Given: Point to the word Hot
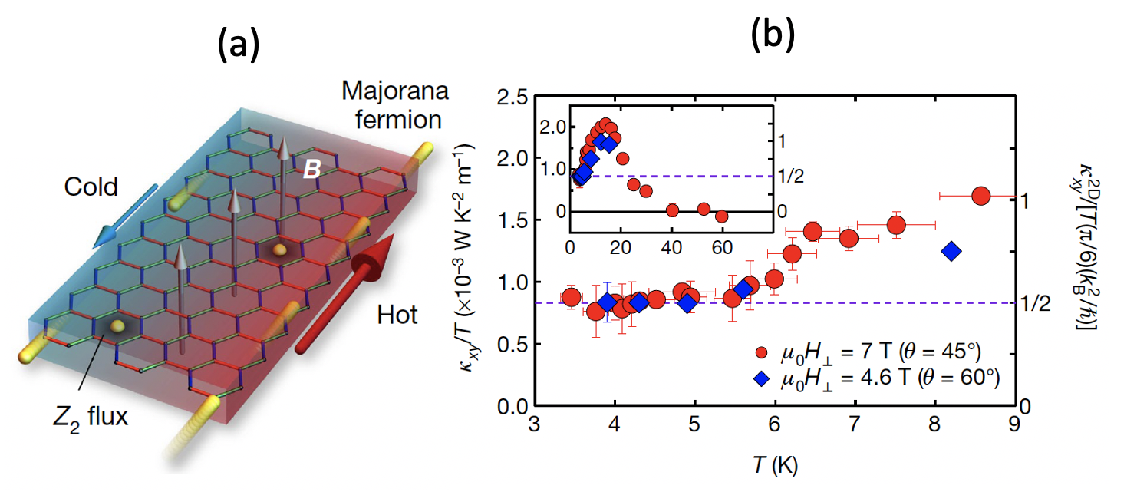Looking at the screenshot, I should (397, 315).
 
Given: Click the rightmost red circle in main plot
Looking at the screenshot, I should (980, 196).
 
